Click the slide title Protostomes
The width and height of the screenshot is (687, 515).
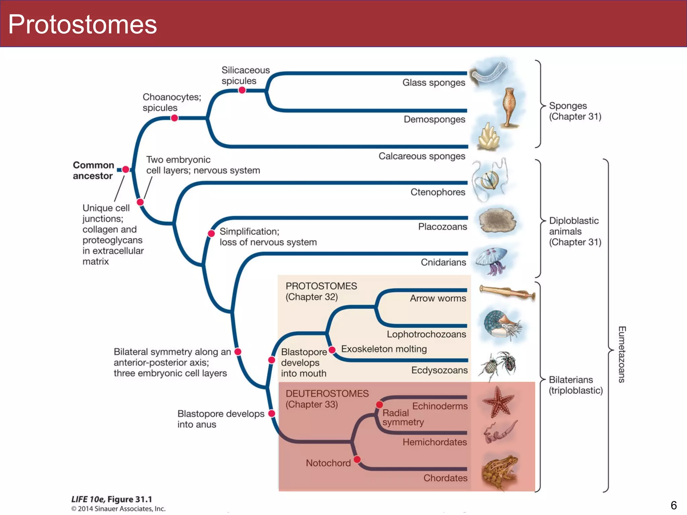pyautogui.click(x=83, y=24)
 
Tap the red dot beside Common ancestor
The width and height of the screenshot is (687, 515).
pyautogui.click(x=125, y=169)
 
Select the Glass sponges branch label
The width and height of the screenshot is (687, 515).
pyautogui.click(x=433, y=82)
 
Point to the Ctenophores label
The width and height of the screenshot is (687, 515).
pyautogui.click(x=438, y=192)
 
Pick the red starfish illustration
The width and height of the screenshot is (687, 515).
pyautogui.click(x=498, y=401)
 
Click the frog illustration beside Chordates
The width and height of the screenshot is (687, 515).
pyautogui.click(x=499, y=471)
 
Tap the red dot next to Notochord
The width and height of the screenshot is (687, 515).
pyautogui.click(x=357, y=459)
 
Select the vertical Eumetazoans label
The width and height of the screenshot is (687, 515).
pyautogui.click(x=622, y=354)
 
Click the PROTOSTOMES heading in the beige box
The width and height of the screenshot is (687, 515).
pyautogui.click(x=321, y=286)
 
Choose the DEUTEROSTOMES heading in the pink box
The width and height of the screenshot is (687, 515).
pyautogui.click(x=327, y=394)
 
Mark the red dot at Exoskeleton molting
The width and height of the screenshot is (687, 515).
pyautogui.click(x=332, y=350)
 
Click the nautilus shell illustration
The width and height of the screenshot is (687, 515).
pyautogui.click(x=500, y=324)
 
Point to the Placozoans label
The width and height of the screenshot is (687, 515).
pyautogui.click(x=442, y=227)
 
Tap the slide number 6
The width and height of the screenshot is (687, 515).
pyautogui.click(x=674, y=505)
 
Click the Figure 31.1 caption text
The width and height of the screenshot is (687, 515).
pyautogui.click(x=112, y=499)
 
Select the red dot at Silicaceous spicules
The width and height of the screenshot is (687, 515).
pyautogui.click(x=242, y=90)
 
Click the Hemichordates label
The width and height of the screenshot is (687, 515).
pyautogui.click(x=434, y=442)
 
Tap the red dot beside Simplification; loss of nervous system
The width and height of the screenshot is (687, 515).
pyautogui.click(x=211, y=233)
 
